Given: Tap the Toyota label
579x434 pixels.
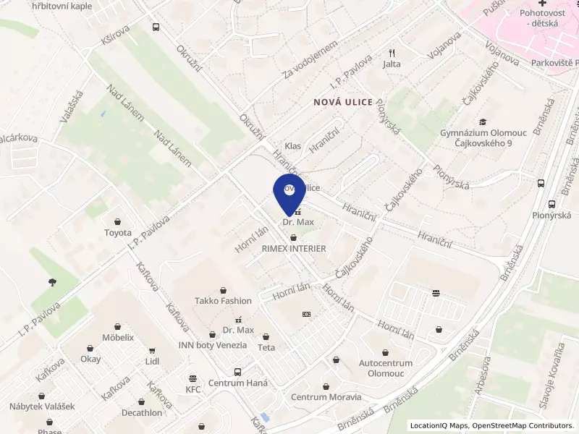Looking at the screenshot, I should tap(118, 233).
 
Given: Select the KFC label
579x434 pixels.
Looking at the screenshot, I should tap(193, 389).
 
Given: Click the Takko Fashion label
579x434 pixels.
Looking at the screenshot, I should tap(223, 301).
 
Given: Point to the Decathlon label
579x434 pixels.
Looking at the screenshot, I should tap(142, 413).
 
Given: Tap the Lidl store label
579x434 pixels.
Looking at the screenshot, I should tap(152, 360).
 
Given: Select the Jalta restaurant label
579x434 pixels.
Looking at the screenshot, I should tap(392, 64).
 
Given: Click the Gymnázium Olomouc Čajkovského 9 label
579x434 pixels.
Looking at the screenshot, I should tap(482, 138).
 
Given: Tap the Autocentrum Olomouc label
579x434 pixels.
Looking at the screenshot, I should tap(386, 368).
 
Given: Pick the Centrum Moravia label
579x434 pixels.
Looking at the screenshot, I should tap(326, 397).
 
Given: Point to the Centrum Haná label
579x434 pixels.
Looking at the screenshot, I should tap(237, 383).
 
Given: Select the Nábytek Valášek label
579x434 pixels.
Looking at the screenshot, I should tap(42, 407).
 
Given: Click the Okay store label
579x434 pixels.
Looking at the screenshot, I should tap(90, 359).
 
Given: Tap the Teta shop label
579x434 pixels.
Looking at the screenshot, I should tap(266, 347).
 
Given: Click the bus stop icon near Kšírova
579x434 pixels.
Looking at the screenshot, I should tap(155, 27).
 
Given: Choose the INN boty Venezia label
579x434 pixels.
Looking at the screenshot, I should tap(212, 345).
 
